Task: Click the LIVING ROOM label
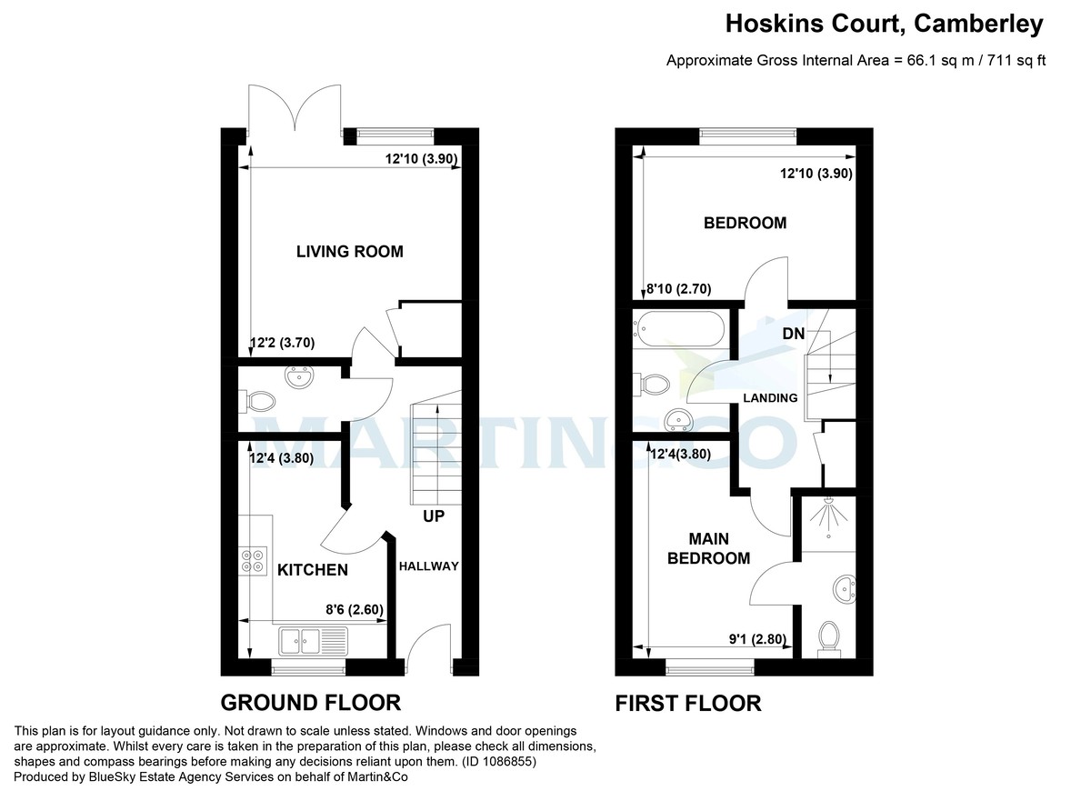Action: pyautogui.click(x=349, y=252)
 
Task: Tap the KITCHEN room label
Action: pyautogui.click(x=312, y=570)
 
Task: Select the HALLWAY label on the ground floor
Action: pyautogui.click(x=428, y=566)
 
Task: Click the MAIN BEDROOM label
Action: pyautogui.click(x=708, y=548)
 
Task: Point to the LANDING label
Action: pyautogui.click(x=770, y=397)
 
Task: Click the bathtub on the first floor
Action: pyautogui.click(x=680, y=326)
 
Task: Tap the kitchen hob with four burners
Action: pyautogui.click(x=253, y=559)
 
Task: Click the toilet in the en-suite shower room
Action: pyautogui.click(x=828, y=636)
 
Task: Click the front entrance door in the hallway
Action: pyautogui.click(x=429, y=648)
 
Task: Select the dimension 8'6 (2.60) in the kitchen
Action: pyautogui.click(x=355, y=612)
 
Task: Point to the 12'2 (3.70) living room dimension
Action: pyautogui.click(x=282, y=344)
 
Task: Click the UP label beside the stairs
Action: pyautogui.click(x=433, y=516)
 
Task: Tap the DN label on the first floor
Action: pyautogui.click(x=793, y=334)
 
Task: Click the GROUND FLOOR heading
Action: pyautogui.click(x=311, y=702)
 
